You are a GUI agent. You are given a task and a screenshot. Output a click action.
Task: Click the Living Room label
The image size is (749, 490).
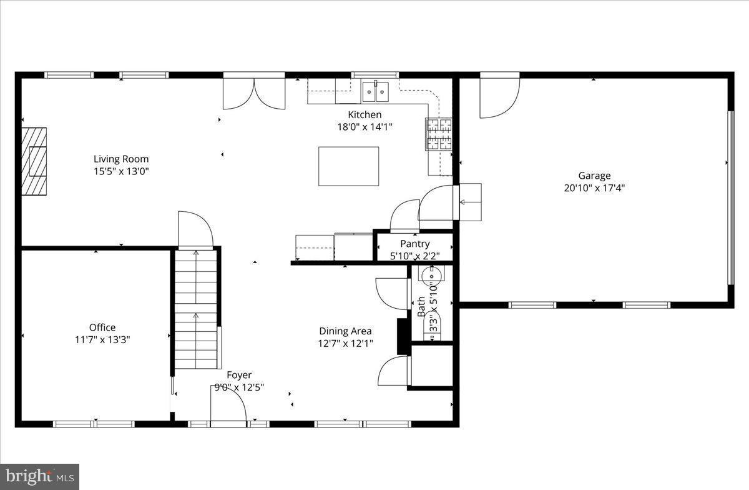pyautogui.click(x=121, y=159)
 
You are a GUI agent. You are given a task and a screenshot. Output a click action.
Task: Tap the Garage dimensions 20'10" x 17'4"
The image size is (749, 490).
pyautogui.click(x=594, y=187)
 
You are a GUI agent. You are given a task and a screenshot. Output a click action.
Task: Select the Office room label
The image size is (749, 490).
pyautogui.click(x=102, y=327)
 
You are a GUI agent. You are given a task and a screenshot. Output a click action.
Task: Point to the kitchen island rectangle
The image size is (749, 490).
pyautogui.click(x=348, y=166)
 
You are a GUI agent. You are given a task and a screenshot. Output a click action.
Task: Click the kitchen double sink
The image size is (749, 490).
pyautogui.click(x=376, y=92)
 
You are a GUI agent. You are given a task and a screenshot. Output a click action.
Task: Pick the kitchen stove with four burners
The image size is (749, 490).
pyautogui.click(x=439, y=134)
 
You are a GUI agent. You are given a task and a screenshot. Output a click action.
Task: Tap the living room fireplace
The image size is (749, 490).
pyautogui.click(x=34, y=162)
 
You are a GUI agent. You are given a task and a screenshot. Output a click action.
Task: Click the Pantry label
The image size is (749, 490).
pyautogui.click(x=414, y=244)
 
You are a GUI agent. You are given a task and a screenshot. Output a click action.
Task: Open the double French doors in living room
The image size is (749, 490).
pyautogui.click(x=254, y=92)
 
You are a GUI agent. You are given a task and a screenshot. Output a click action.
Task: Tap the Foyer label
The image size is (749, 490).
pyautogui.click(x=239, y=375)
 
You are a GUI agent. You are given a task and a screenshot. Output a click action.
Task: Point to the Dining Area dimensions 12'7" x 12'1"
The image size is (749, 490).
pyautogui.click(x=346, y=342)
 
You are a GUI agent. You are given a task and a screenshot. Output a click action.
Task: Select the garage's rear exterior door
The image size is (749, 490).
pyautogui.click(x=499, y=96)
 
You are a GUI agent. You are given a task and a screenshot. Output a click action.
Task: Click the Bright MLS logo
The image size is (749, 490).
pyautogui.click(x=39, y=477)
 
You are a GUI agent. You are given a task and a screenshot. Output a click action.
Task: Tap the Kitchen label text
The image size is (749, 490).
pyautogui.click(x=365, y=114)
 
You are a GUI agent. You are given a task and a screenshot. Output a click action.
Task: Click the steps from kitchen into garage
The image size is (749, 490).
pyautogui.click(x=471, y=202)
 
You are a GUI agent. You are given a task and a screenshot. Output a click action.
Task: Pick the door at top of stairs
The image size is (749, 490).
pyautogui.click(x=195, y=231)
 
